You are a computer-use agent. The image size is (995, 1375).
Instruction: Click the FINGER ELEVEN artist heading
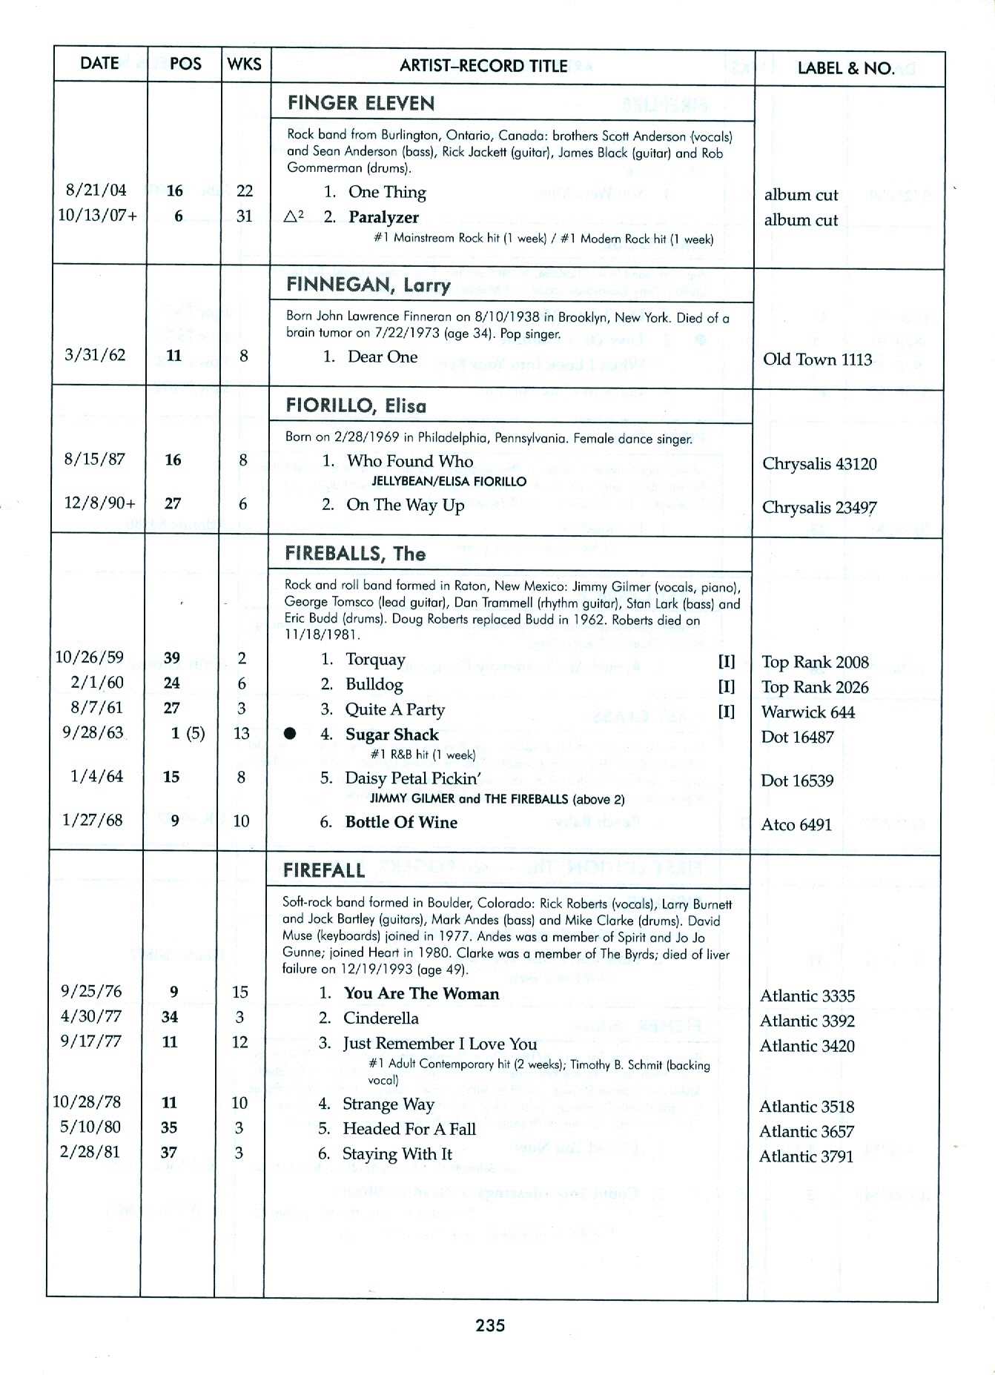click(x=361, y=103)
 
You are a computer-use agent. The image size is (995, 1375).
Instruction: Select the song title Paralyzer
click(x=383, y=217)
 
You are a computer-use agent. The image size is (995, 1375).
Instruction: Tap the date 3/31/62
click(x=95, y=354)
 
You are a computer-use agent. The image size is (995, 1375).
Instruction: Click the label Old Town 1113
click(x=817, y=360)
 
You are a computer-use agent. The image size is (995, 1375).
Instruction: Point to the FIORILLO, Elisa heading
click(x=356, y=405)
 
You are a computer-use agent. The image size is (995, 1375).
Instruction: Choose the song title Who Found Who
click(x=410, y=461)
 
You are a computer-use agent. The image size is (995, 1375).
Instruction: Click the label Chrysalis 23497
click(x=819, y=508)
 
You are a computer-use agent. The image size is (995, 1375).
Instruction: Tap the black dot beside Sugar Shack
click(x=291, y=734)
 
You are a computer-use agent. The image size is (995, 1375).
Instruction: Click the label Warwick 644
click(x=807, y=712)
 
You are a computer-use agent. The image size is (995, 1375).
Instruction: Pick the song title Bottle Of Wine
click(x=401, y=822)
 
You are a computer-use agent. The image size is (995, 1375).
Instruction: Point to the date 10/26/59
click(x=90, y=657)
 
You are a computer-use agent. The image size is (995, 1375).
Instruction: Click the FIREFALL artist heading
click(x=324, y=870)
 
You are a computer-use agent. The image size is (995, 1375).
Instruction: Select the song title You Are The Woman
click(x=421, y=993)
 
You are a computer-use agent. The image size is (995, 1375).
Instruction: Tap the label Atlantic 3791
click(x=806, y=1156)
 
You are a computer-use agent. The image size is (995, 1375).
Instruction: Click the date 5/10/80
click(x=90, y=1127)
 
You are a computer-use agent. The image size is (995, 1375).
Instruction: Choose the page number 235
click(x=490, y=1325)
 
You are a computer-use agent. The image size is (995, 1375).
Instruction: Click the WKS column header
click(x=245, y=64)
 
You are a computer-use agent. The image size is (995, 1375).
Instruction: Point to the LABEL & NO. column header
click(x=845, y=68)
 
